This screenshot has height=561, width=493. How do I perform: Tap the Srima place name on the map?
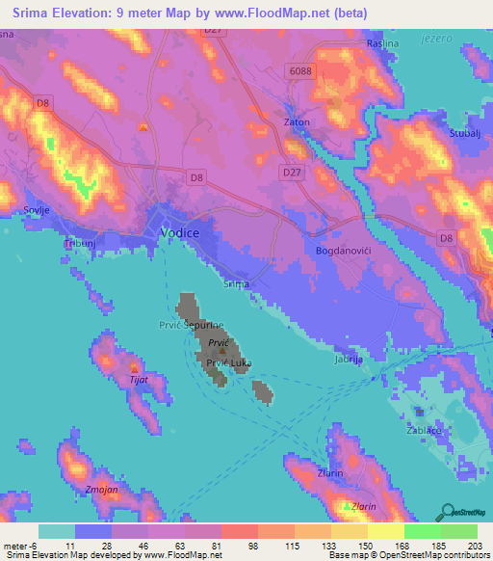point(236,284)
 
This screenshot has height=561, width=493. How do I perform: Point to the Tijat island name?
point(139,382)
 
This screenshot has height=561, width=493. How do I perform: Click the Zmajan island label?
point(102,490)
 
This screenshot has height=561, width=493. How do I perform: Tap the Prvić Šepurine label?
point(198,326)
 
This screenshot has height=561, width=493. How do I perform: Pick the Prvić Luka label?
point(224,362)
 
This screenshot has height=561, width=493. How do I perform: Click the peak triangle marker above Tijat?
point(134,368)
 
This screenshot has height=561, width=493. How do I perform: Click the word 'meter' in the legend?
point(14,546)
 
